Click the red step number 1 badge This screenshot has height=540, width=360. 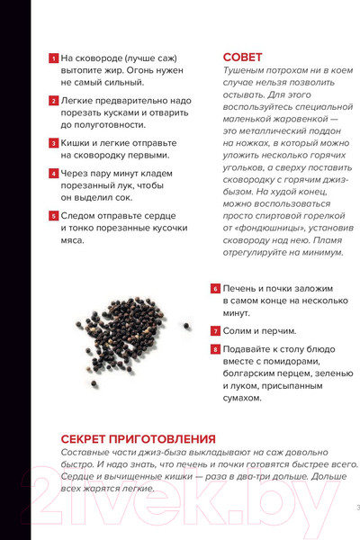tap(53, 58)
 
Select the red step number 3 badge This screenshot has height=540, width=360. tap(53, 142)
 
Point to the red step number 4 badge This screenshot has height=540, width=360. tap(53, 173)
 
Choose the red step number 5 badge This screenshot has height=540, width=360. tap(53, 216)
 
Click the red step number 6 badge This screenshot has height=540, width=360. tap(215, 289)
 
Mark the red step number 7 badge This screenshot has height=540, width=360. tap(215, 331)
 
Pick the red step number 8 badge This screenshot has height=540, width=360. tap(215, 348)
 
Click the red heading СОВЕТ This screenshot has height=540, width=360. tap(243, 56)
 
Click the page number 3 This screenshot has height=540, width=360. tap(357, 508)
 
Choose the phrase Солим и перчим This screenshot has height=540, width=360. tap(259, 331)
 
